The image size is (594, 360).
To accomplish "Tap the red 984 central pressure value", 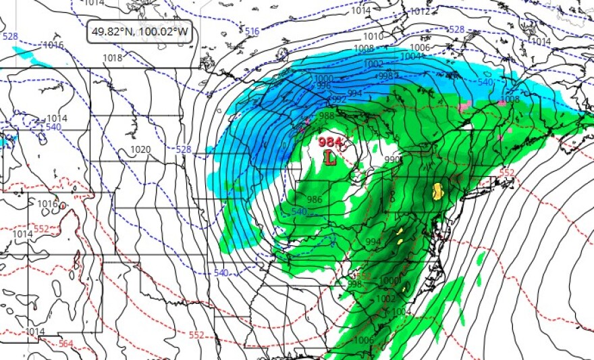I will coord(330,142).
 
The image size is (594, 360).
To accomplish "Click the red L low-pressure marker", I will coord(329,157).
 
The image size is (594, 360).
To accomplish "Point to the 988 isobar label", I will coord(327,115).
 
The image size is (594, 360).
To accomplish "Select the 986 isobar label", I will coord(314,199).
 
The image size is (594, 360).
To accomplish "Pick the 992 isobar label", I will coord(339,100).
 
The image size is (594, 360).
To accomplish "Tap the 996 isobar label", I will coord(323,86).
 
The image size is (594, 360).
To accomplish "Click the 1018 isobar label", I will coord(113,58).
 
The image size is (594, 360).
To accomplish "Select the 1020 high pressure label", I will coord(140,149).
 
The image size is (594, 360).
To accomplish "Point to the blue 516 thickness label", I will coord(252,32).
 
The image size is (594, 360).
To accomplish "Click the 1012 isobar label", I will coord(420,11).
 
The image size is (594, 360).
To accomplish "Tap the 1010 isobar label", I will coord(372,36).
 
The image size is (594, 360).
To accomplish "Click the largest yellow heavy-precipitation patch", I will coord(437,191).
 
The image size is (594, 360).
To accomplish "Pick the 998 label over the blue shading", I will coord(387,76).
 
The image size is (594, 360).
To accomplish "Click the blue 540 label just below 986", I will coord(300,212).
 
